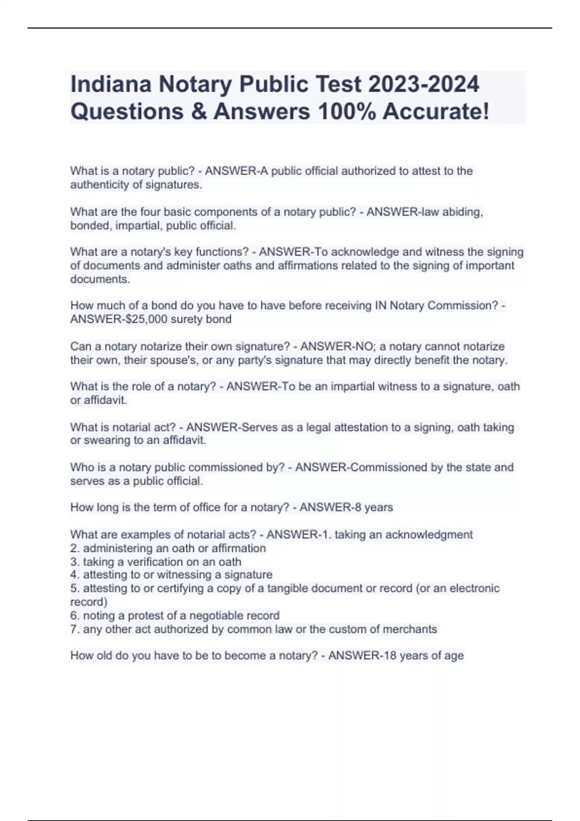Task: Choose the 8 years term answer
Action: [x=374, y=508]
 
